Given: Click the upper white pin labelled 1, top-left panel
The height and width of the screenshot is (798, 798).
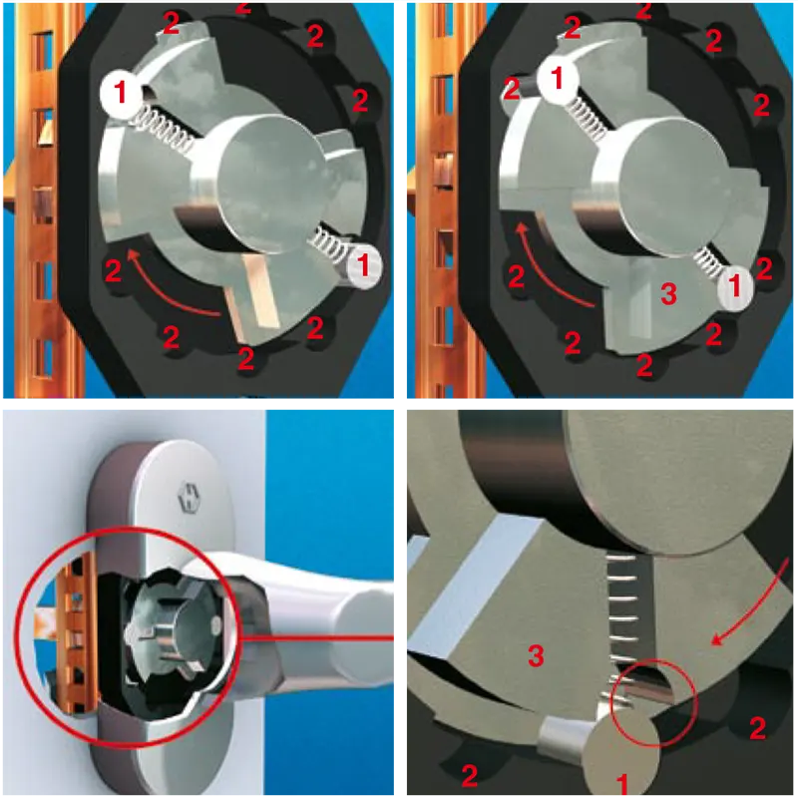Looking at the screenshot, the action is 121,93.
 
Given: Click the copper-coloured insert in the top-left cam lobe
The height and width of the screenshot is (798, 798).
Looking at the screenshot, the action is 253,293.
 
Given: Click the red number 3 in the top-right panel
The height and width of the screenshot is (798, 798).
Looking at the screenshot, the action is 668,293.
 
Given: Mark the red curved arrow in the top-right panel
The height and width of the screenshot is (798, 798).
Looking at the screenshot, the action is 546,269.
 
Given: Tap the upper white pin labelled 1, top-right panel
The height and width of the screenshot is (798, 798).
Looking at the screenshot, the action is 558,79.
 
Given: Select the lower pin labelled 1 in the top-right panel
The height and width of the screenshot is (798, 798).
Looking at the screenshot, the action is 734,286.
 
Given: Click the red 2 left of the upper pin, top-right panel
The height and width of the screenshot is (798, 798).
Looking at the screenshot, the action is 511,90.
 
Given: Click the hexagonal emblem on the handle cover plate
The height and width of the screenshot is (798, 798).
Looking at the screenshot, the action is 188,496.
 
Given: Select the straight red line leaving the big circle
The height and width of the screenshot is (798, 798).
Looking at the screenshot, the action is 315,637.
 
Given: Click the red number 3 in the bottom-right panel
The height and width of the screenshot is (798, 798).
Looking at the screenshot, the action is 536,655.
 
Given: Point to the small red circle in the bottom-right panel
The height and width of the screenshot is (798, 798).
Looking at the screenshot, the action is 654,702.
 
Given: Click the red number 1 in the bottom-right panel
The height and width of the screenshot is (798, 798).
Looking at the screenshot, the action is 622,784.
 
